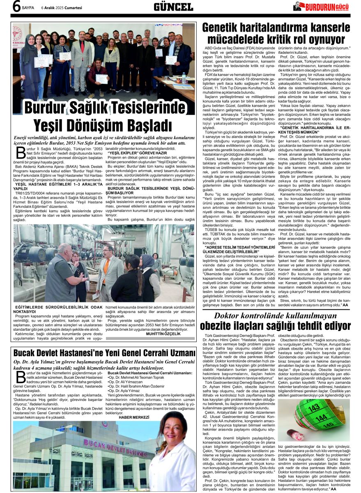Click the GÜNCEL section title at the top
[x=173, y=7]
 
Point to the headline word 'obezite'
[x=220, y=325]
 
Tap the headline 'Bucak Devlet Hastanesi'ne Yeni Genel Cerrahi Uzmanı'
[x=104, y=352]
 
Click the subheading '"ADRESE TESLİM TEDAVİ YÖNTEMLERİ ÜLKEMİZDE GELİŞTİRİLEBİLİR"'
[x=237, y=249]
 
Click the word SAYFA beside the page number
[x=28, y=7]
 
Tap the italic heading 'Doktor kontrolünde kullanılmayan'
[x=275, y=316]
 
